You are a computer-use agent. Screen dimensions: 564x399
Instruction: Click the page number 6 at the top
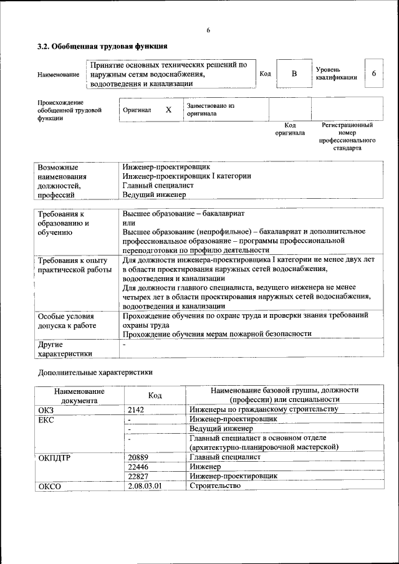click(208, 31)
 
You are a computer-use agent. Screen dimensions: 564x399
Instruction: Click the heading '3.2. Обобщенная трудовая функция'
click(102, 46)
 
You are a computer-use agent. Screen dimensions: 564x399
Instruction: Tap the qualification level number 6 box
click(373, 74)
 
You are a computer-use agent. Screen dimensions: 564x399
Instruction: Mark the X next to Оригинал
click(168, 110)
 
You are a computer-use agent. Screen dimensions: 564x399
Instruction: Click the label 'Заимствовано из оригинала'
click(210, 110)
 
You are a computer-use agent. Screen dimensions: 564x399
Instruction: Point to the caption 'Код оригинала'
click(290, 129)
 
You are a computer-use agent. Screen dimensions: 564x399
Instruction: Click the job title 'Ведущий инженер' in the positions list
click(154, 194)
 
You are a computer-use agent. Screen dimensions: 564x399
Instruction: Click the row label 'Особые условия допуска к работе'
click(67, 320)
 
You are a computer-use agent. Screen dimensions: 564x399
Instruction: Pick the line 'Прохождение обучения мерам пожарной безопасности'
click(216, 333)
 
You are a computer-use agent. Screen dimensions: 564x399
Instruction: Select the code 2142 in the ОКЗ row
click(135, 409)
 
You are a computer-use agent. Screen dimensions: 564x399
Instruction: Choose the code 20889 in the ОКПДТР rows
click(137, 457)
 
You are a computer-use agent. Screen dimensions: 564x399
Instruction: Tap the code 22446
click(137, 466)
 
